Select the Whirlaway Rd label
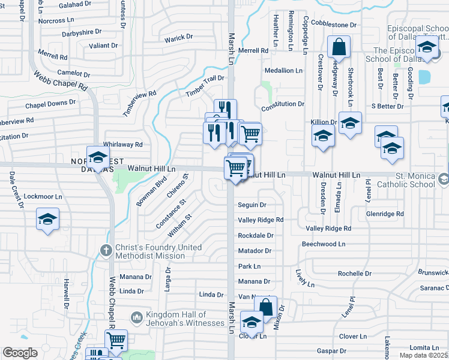[122, 145]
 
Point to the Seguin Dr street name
[252, 205]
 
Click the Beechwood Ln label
[324, 244]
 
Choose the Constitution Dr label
[283, 104]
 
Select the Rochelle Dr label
[354, 273]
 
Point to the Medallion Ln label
[283, 71]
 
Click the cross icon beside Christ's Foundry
[106, 250]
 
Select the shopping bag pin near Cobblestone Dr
[339, 48]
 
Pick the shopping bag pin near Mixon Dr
[265, 308]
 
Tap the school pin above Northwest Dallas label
[97, 158]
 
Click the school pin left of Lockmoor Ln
[47, 220]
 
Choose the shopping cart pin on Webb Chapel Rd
[116, 340]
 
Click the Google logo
[20, 353]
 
